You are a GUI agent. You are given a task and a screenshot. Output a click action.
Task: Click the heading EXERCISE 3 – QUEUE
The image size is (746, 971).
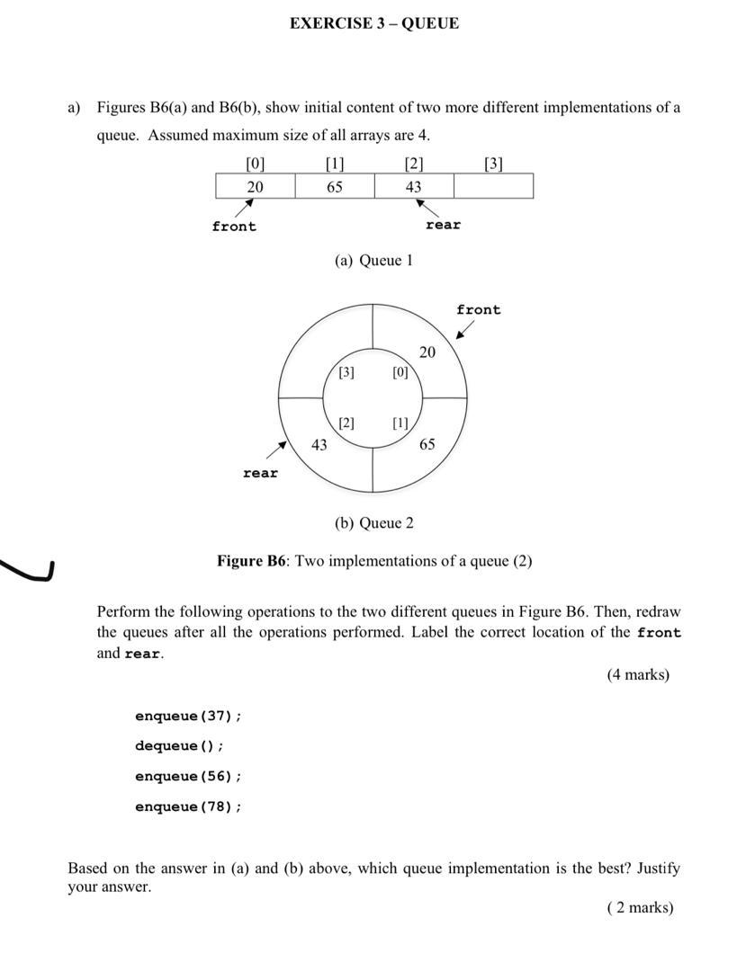tap(373, 23)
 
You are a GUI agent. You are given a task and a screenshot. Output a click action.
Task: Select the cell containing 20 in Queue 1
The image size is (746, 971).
tap(256, 186)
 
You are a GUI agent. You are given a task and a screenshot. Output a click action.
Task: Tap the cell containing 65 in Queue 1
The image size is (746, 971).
tap(334, 186)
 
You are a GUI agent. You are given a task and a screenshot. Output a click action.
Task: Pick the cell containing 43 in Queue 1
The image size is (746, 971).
tap(413, 186)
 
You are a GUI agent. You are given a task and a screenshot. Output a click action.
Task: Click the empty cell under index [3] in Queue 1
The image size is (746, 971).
tap(493, 186)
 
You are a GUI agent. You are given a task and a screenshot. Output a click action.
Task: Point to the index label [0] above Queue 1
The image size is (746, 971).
tap(256, 164)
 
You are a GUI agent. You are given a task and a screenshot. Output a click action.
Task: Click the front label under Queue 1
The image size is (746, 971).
tap(234, 227)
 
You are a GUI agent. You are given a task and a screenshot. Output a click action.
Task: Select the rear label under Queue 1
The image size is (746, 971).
tap(443, 225)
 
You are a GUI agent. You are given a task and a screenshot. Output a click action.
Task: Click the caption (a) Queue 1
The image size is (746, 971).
tap(373, 261)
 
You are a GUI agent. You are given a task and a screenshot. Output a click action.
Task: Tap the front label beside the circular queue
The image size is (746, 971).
tap(478, 310)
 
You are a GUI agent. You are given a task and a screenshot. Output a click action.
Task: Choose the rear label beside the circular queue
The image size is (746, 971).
tap(260, 473)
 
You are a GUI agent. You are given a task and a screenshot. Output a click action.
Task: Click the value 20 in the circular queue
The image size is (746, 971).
tap(427, 352)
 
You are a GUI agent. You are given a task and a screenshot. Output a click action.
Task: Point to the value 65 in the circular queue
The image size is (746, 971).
tap(427, 444)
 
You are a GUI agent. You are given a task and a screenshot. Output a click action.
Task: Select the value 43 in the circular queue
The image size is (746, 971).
tap(319, 444)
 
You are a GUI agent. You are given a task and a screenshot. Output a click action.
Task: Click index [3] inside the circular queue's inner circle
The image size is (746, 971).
tap(346, 372)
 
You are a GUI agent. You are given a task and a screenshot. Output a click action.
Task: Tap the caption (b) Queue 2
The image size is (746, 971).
tap(373, 523)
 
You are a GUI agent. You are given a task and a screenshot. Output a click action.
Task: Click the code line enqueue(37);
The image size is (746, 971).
tap(188, 717)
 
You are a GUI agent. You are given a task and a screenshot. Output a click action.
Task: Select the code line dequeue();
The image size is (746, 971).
tap(179, 746)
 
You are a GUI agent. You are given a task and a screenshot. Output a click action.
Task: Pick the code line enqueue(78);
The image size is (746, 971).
tap(188, 806)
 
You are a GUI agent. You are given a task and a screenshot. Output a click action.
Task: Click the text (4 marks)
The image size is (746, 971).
tap(638, 674)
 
